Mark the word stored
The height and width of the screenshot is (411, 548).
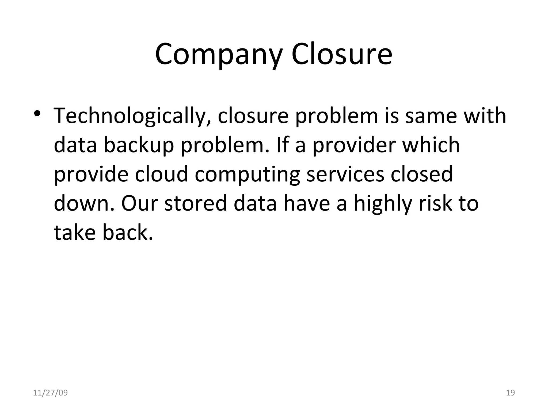[x=195, y=203]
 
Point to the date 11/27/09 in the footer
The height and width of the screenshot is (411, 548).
[x=50, y=393]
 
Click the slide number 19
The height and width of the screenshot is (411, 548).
[x=511, y=393]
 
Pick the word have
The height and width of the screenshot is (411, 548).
[x=306, y=203]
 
